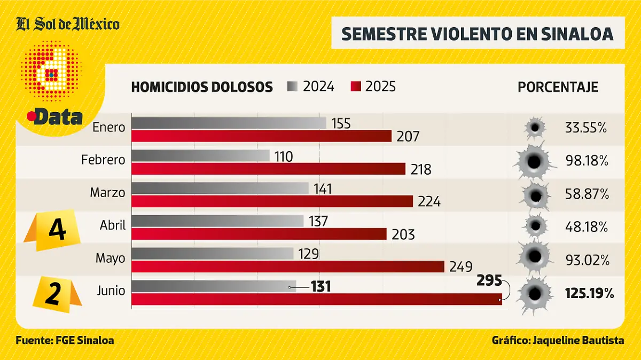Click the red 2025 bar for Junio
[x=316, y=299]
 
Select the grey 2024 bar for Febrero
[x=200, y=155]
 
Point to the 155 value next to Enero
[x=341, y=123]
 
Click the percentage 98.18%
[x=587, y=161]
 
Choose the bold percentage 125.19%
[x=589, y=293]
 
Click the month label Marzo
[x=107, y=192]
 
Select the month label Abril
[x=112, y=225]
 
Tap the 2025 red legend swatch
[x=356, y=87]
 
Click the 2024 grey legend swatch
[x=293, y=87]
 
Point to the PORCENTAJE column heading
[x=558, y=87]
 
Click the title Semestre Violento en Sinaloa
[x=477, y=34]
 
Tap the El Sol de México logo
[x=67, y=25]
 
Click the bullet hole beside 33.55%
[x=535, y=128]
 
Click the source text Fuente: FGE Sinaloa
[x=65, y=340]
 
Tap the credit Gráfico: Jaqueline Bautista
[x=558, y=340]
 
